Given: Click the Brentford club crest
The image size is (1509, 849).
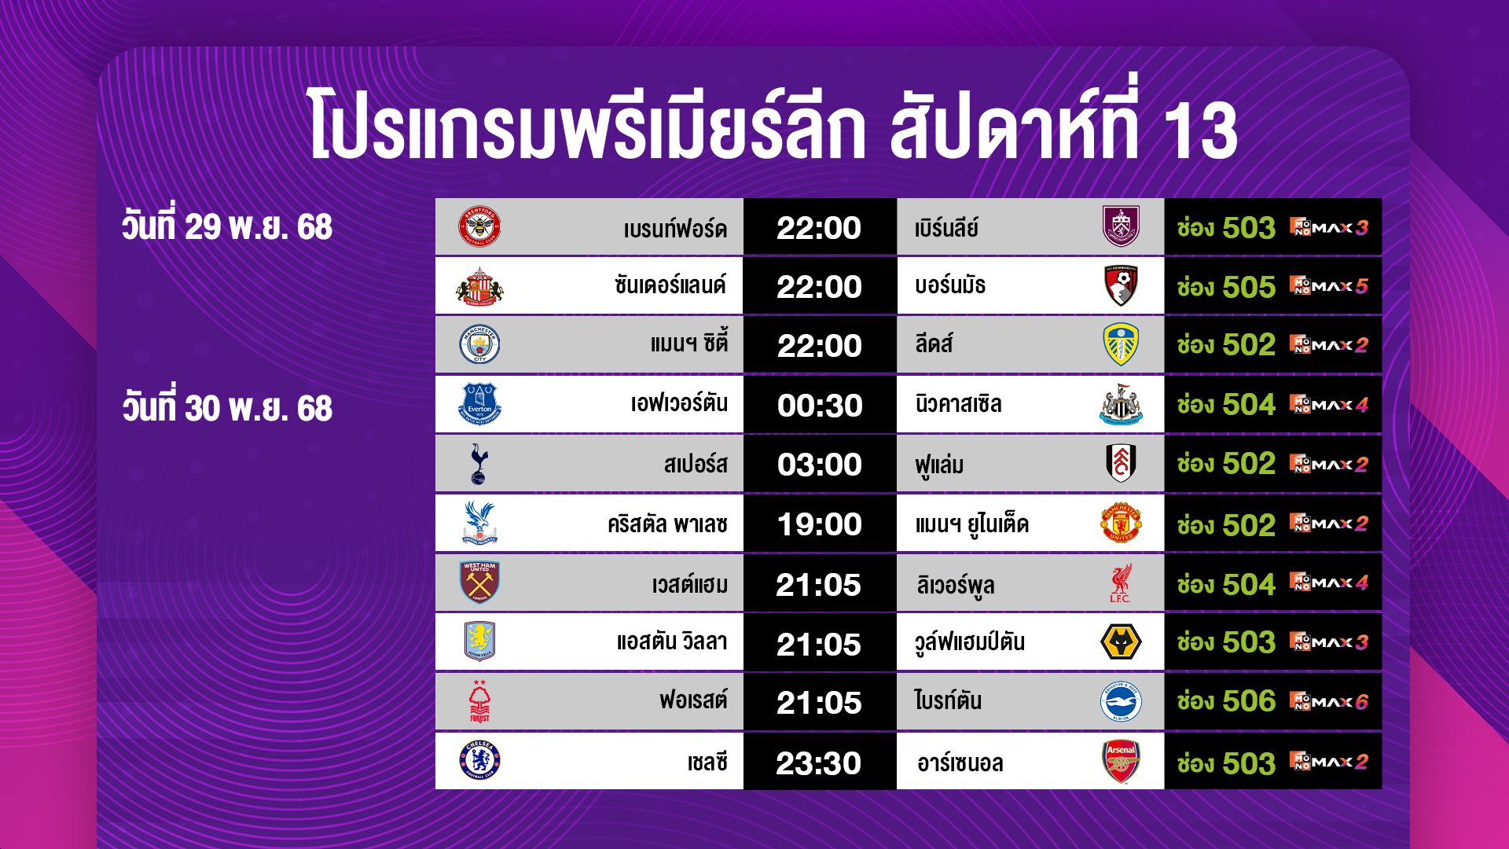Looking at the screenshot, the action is tap(479, 227).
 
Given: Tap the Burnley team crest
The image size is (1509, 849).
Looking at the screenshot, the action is tap(1121, 226).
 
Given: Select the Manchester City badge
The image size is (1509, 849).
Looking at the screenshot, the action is tap(479, 344).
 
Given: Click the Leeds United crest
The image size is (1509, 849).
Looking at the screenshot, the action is tap(1121, 344).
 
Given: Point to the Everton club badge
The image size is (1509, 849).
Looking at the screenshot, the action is tap(479, 404).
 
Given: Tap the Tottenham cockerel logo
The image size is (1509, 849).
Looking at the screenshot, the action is tap(479, 464).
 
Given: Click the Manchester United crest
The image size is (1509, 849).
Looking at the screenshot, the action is tap(1121, 524).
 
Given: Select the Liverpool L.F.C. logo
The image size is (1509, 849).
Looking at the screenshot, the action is tap(1121, 583).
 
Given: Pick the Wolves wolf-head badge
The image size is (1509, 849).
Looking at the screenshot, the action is tap(1121, 642).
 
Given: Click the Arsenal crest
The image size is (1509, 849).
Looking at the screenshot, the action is tap(1121, 761).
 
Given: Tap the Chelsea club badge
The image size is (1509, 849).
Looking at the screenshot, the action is tap(479, 760).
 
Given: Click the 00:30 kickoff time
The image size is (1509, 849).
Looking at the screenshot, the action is tap(820, 406).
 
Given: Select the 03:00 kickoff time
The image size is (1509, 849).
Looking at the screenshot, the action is tap(820, 465).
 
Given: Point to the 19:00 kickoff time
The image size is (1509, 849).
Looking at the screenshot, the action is tap(820, 524).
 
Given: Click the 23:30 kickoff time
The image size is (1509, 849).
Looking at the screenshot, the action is tap(819, 763).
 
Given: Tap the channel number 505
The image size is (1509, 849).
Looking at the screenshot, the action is tap(1249, 287).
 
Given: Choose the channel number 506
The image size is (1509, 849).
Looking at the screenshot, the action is tap(1249, 701).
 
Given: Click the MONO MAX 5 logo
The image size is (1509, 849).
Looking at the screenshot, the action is tap(1329, 286).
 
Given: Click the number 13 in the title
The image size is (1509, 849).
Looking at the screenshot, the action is tap(1200, 130).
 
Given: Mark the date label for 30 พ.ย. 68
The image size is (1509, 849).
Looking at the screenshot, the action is tap(227, 408).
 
